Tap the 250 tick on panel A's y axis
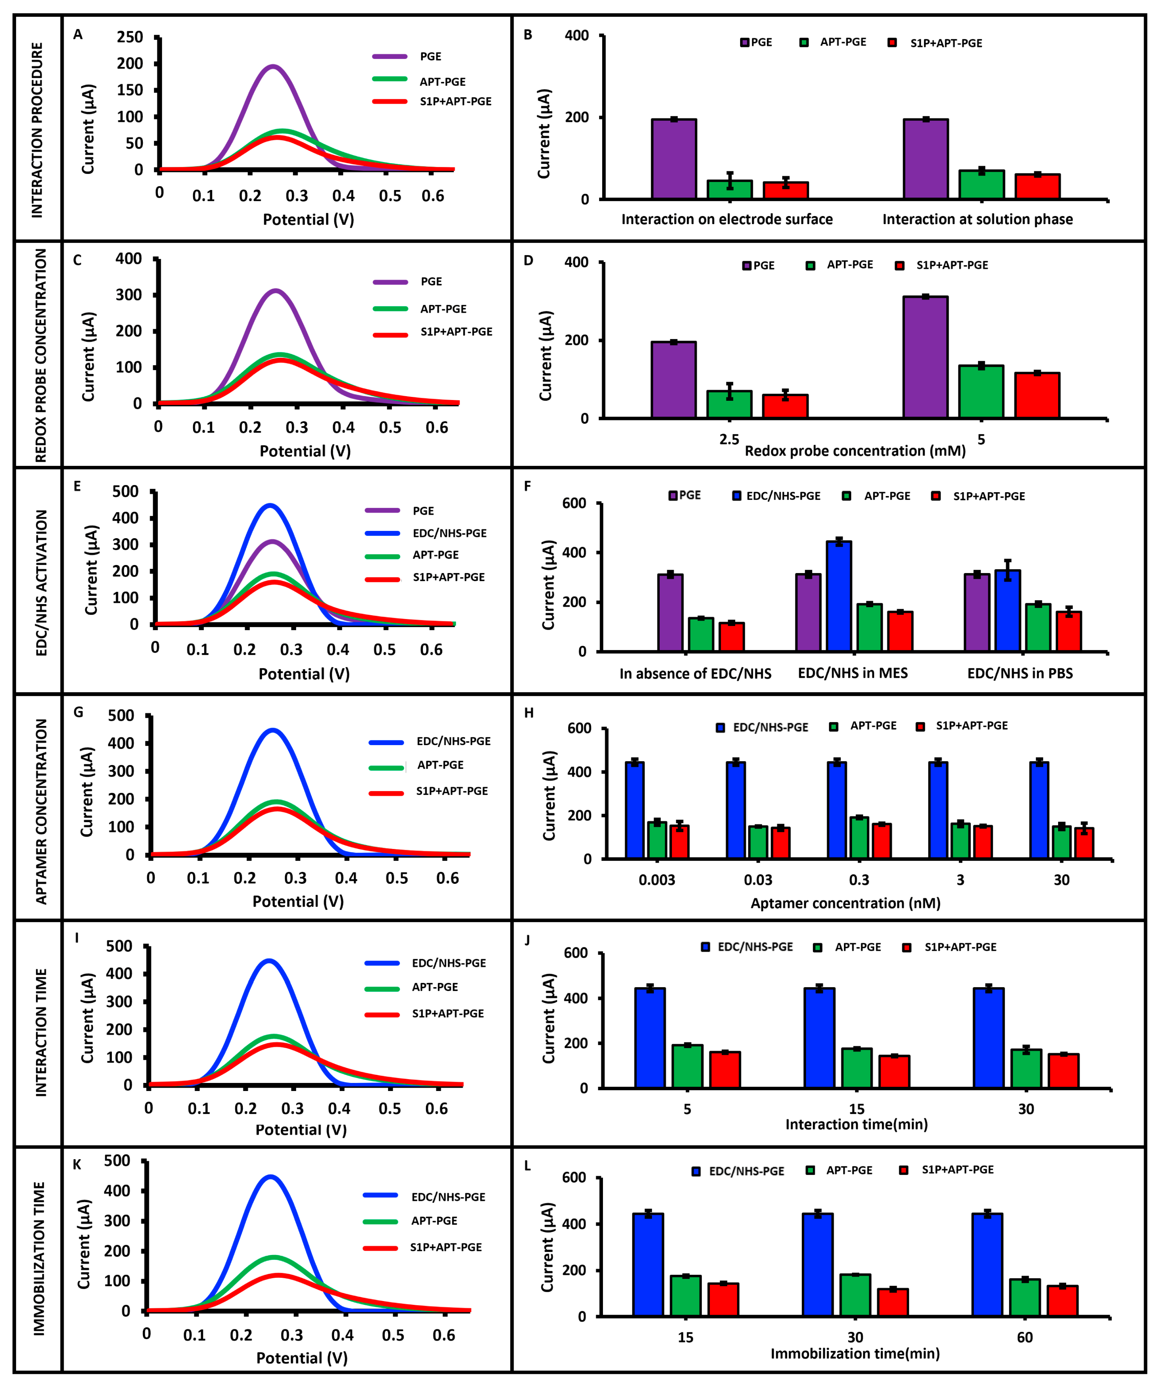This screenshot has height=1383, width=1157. click(x=130, y=37)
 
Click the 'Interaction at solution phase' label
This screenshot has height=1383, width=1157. click(x=977, y=219)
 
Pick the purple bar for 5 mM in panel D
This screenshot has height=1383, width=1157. click(x=925, y=357)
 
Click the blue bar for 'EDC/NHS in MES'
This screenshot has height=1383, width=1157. click(x=839, y=596)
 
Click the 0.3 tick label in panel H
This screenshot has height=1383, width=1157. click(x=859, y=880)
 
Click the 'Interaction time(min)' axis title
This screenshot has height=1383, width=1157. click(x=856, y=1124)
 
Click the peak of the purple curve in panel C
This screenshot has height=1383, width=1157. click(x=275, y=290)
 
